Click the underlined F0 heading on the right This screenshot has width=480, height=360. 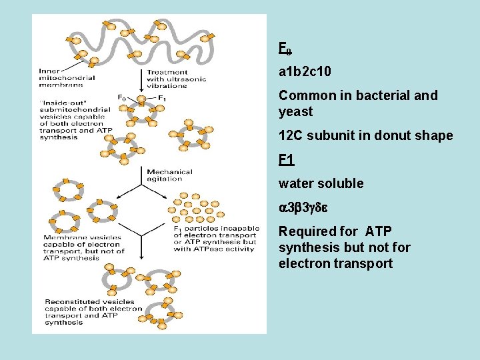[285, 49]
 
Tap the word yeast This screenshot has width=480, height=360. [295, 111]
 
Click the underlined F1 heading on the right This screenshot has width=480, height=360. [286, 160]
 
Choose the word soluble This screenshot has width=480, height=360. [340, 183]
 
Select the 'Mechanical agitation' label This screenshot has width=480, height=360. [169, 175]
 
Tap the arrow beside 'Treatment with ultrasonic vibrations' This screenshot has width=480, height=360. [141, 79]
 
